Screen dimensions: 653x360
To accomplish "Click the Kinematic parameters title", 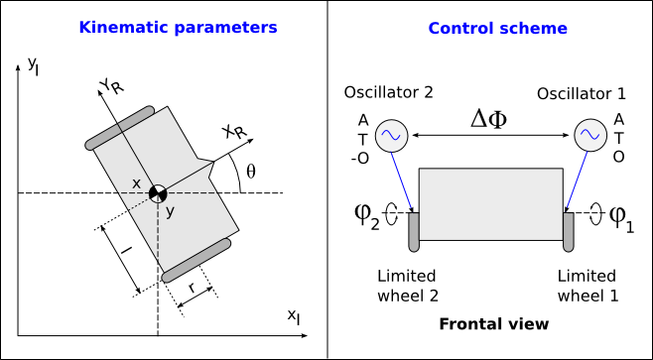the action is coord(178,28).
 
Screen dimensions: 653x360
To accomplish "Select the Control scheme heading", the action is coord(497,29).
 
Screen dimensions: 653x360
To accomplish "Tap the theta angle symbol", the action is coord(251,171).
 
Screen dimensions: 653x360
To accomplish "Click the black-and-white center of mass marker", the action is coord(158,193).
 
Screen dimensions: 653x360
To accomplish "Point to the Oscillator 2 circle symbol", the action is coord(391,135).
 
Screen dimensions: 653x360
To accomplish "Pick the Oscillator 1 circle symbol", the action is coord(590,135).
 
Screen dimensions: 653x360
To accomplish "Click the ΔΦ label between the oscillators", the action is coord(489,120).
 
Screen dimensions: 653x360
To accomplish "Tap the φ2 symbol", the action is coord(366,216).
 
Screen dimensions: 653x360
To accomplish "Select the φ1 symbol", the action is coord(622,217).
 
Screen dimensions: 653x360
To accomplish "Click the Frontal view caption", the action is coord(494,323).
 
